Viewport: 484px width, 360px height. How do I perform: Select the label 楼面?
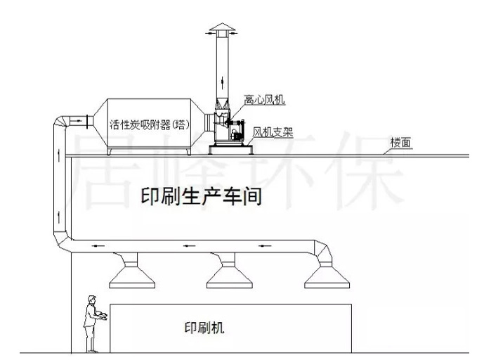coord(402,143)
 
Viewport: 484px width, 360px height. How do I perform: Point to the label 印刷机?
coord(204,328)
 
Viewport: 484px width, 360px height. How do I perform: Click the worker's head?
coord(91,300)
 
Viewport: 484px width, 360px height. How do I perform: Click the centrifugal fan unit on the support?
coord(225,127)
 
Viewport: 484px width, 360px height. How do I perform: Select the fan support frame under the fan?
coord(231,147)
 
